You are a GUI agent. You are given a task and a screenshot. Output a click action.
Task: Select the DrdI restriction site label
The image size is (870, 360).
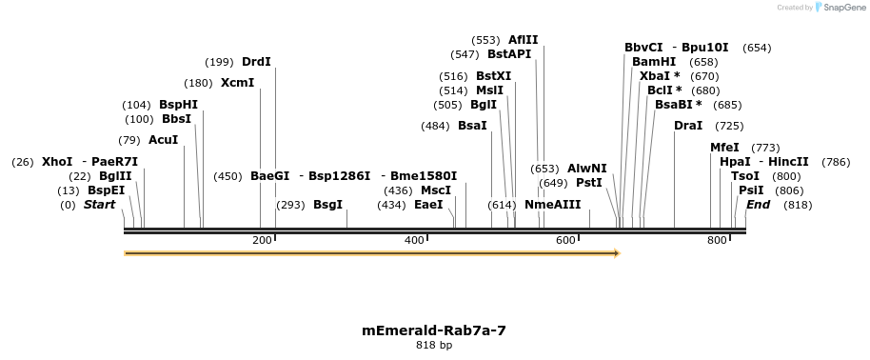coord(256,62)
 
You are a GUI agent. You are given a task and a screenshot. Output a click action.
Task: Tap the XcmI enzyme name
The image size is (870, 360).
coord(237,83)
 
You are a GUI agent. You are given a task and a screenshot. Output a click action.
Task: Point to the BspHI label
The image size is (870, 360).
coord(178,105)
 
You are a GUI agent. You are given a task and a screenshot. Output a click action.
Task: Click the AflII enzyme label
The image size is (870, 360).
coord(523,40)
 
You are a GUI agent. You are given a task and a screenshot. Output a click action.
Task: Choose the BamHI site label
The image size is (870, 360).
coord(653,62)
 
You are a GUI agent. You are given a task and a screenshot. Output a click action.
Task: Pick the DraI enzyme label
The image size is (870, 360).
coord(687,126)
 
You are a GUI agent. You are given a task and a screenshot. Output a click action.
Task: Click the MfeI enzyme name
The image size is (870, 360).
coord(724,148)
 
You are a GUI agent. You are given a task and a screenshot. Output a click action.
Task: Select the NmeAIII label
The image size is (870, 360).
coord(552,205)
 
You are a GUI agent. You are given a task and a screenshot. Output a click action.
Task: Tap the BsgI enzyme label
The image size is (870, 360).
coord(327,205)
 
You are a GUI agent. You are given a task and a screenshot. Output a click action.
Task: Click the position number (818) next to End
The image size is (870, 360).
coord(798,205)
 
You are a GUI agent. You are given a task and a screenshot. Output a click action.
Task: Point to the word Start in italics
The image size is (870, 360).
coord(99,205)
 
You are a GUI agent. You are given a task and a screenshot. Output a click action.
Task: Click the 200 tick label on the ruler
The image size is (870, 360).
coord(262,240)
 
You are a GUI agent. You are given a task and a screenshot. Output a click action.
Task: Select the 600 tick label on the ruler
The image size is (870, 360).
coord(566,240)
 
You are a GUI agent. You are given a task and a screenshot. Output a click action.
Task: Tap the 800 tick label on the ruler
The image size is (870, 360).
coord(717,240)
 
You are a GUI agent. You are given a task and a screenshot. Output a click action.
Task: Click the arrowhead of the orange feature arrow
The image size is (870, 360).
coord(617,253)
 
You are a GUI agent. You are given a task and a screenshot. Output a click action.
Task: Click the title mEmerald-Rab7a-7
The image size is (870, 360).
coord(433,330)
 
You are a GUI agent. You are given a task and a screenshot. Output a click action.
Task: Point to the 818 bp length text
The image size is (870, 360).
coord(433,345)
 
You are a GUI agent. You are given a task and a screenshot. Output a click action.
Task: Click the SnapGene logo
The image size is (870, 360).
coord(837,8)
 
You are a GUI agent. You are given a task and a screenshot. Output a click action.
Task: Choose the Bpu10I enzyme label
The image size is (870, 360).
coord(704,48)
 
